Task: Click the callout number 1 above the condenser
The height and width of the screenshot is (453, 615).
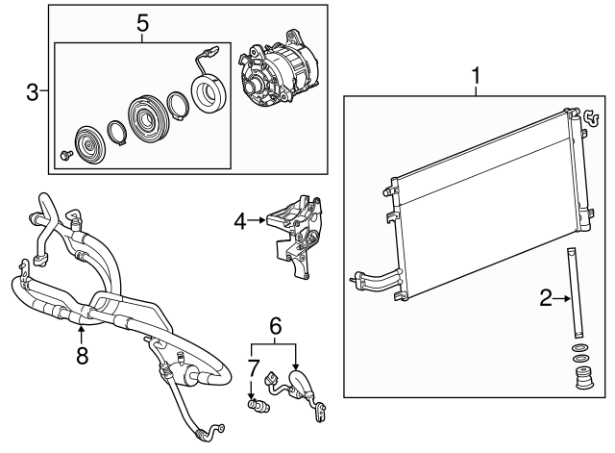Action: click(476, 76)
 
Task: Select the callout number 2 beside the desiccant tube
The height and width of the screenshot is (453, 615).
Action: click(546, 298)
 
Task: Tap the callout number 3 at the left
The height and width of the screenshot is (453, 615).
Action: click(32, 92)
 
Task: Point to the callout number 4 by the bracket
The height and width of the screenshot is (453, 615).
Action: click(240, 222)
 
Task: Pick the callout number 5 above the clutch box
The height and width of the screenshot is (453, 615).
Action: click(143, 23)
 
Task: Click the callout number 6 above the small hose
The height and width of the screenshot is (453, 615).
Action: click(276, 325)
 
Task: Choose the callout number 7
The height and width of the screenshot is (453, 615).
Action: click(254, 368)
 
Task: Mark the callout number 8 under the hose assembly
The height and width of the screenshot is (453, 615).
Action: click(82, 356)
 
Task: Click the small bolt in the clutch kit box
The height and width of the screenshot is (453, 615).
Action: click(65, 155)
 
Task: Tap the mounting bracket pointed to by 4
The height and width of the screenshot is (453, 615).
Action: click(296, 236)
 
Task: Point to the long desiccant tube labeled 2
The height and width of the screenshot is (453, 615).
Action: click(575, 292)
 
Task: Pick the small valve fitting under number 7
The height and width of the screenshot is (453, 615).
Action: click(258, 406)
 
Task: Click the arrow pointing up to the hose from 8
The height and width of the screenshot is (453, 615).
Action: click(81, 335)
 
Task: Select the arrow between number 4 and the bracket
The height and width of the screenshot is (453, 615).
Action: click(258, 220)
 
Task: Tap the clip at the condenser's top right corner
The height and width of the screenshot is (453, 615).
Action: click(591, 117)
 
